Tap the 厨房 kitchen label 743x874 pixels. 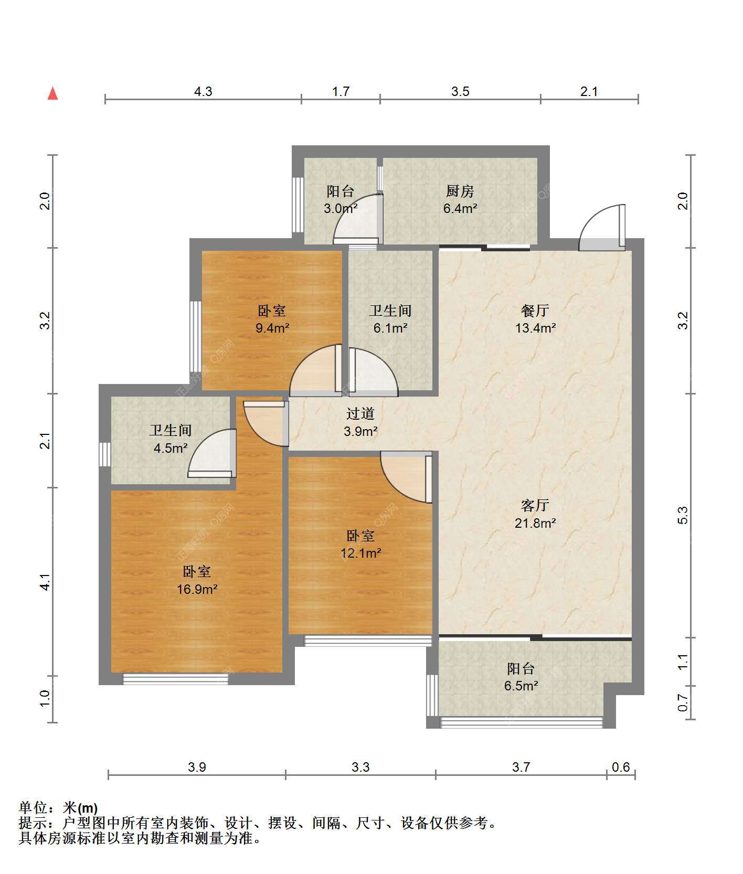tap(460, 191)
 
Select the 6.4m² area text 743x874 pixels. tap(460, 208)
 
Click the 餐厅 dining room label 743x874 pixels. tap(535, 311)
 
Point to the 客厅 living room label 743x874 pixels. tap(535, 505)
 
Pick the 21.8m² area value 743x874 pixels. tap(535, 523)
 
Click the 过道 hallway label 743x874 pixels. tap(360, 414)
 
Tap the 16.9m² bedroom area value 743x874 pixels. tap(197, 589)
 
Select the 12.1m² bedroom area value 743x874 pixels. tap(360, 553)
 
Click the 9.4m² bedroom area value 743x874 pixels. tap(272, 328)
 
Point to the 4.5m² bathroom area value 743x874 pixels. tap(171, 448)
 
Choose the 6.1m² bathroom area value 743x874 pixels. tap(390, 328)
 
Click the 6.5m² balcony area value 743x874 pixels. tap(521, 686)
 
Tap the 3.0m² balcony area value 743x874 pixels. tap(341, 208)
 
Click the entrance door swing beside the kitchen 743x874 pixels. tap(602, 226)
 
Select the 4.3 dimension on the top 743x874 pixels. tap(203, 92)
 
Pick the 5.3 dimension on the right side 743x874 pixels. tap(683, 516)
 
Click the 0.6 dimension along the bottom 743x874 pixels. tap(621, 767)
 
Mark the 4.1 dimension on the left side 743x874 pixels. tap(45, 582)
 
